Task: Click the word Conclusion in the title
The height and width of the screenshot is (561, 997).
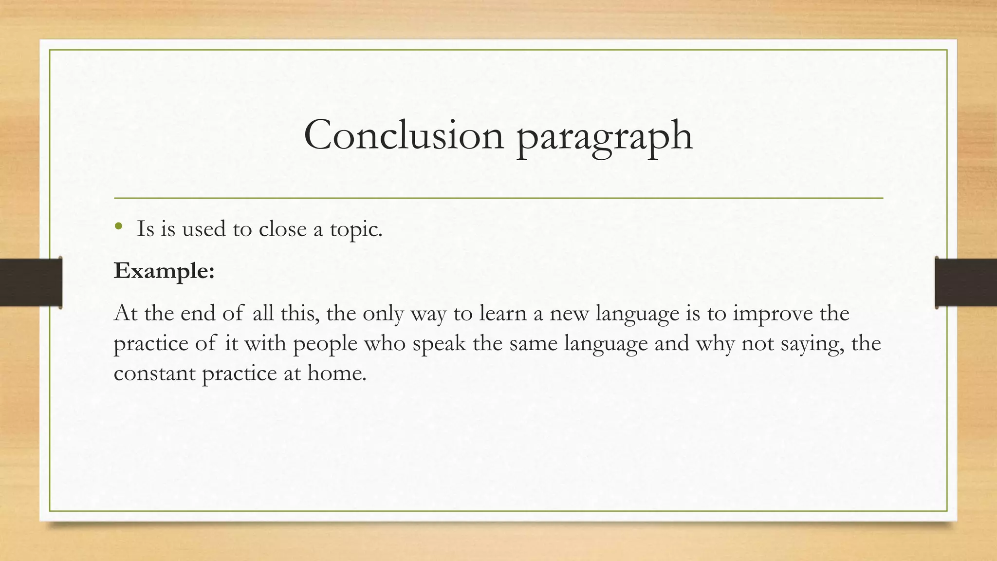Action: click(404, 135)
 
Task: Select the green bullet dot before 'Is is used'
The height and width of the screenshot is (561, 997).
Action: click(118, 226)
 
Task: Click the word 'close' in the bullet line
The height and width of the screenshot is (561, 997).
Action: click(282, 229)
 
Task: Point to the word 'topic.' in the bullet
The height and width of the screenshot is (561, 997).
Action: click(356, 230)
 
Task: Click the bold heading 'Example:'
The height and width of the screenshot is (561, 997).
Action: click(164, 271)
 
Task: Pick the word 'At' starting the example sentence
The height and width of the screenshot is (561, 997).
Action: click(125, 313)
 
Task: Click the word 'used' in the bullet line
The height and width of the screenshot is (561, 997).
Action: click(203, 229)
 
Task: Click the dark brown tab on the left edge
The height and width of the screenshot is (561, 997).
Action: click(31, 282)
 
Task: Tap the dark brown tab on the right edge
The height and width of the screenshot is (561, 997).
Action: click(966, 282)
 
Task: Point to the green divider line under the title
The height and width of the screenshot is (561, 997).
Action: click(498, 198)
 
